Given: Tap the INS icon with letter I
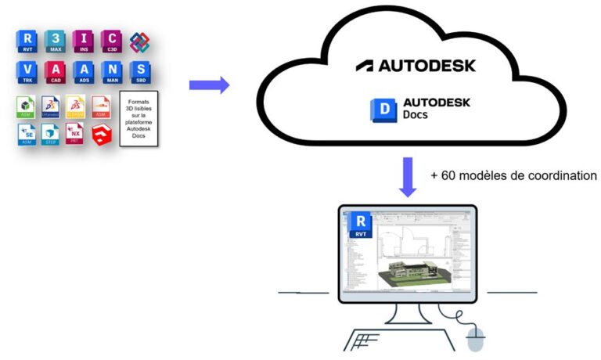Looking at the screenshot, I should (x=84, y=41).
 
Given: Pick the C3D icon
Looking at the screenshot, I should (x=112, y=41).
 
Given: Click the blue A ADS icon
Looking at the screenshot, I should (x=84, y=73).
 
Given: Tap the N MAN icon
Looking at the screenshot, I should (x=112, y=73).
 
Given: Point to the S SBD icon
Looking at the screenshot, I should (x=139, y=73).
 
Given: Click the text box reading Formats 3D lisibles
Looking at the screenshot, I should (x=139, y=119).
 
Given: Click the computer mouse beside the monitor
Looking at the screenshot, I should (x=475, y=339).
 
